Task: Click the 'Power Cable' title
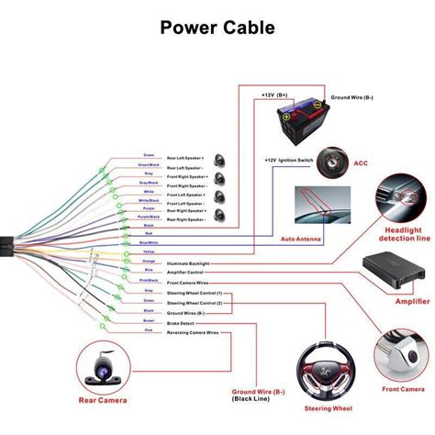point(217,28)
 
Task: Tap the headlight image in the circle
point(399,195)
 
